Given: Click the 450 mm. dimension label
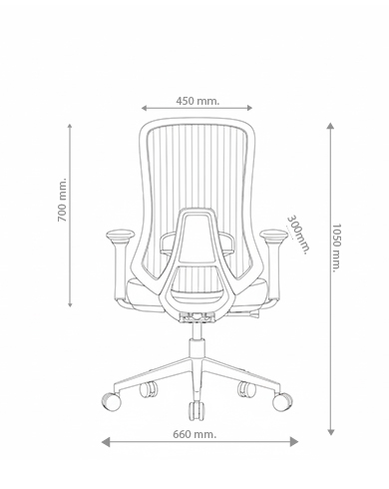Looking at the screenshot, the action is tap(197, 101).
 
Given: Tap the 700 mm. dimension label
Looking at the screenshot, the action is tap(62, 200).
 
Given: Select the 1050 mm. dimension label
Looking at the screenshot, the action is tap(336, 247).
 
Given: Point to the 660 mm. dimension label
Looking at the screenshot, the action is tap(194, 434).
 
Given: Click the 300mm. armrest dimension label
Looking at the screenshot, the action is tap(298, 235).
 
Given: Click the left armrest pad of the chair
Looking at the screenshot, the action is tap(121, 236).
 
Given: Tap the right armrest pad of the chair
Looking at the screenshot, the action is tap(273, 236).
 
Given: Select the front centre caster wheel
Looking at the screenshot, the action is tap(196, 411).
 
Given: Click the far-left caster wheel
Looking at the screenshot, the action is tap(111, 401).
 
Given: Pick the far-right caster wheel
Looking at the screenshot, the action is tap(282, 401).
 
